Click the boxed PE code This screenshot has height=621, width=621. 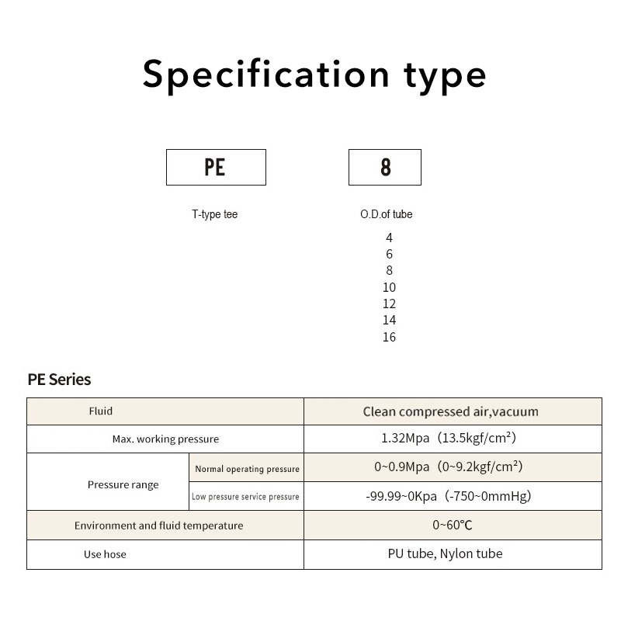(x=215, y=167)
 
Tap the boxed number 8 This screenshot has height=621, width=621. (x=386, y=167)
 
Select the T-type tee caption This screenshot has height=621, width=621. (x=215, y=214)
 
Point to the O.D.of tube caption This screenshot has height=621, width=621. (x=386, y=214)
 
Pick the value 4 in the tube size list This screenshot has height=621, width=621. (x=390, y=238)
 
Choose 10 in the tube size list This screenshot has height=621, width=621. (x=390, y=287)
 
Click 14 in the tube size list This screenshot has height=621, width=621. (x=390, y=320)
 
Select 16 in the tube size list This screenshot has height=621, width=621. (x=390, y=337)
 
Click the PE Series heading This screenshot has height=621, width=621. (x=60, y=380)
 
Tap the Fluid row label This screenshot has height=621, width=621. (x=101, y=411)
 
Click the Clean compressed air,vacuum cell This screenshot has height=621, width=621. (x=451, y=411)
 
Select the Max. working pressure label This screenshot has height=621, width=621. (x=165, y=439)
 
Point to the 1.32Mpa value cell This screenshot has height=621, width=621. (x=449, y=438)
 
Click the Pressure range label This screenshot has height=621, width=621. (x=123, y=484)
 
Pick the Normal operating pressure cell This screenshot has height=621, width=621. (x=247, y=469)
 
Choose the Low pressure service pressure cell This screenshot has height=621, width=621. (x=245, y=497)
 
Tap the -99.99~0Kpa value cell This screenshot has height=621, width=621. (x=449, y=496)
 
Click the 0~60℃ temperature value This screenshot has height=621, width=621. (x=453, y=526)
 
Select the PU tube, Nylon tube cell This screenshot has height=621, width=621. (x=445, y=553)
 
